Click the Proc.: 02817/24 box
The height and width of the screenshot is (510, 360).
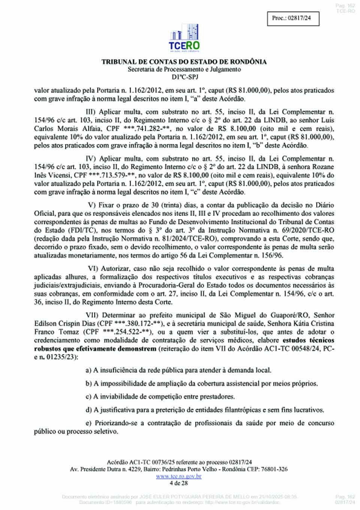tap(293, 18)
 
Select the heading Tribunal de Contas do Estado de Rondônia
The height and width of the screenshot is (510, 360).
tap(184, 62)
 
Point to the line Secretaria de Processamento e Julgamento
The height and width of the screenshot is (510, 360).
tap(184, 69)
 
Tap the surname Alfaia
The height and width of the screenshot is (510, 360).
tap(87, 128)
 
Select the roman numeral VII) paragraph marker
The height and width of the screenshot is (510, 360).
tap(92, 315)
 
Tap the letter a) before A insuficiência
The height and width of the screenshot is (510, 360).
tap(88, 370)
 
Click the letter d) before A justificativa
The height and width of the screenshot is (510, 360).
tap(88, 410)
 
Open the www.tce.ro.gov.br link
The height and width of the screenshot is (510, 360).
tap(179, 476)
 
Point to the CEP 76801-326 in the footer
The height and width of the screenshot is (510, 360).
tap(276, 469)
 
